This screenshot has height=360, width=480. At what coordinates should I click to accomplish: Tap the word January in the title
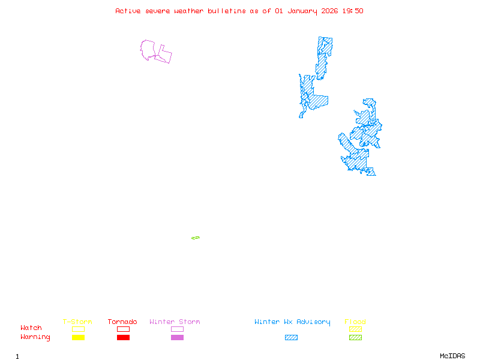[302, 11]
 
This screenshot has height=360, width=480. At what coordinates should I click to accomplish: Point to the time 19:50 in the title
[353, 11]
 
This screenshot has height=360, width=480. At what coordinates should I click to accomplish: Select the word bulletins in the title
[226, 11]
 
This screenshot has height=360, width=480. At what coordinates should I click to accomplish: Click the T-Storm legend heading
[77, 322]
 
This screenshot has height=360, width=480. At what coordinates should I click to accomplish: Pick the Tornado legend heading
[122, 322]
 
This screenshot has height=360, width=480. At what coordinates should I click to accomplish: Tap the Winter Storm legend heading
[175, 322]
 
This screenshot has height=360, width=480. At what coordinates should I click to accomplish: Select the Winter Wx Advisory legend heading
[292, 322]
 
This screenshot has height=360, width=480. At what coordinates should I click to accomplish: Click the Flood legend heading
[355, 322]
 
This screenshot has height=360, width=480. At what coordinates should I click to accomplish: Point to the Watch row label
[31, 328]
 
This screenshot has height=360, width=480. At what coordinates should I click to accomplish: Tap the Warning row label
[35, 337]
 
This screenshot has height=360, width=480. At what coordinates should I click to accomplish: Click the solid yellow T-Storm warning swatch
[78, 338]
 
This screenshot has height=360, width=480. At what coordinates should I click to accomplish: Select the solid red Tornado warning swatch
[123, 338]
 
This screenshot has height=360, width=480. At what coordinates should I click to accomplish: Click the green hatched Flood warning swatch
[355, 338]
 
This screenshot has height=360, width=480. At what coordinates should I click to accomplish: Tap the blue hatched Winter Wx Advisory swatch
[291, 338]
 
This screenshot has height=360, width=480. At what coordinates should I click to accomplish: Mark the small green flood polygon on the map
[196, 238]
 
